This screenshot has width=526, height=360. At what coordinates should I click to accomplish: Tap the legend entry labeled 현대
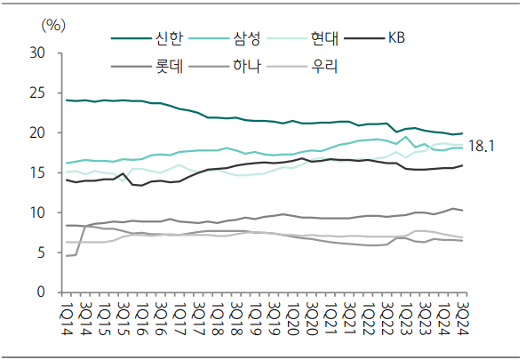(323, 38)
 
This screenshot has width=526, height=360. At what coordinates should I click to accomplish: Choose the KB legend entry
(396, 38)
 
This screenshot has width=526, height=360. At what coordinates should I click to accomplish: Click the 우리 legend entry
(323, 66)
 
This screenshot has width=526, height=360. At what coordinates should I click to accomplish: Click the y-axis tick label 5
(41, 253)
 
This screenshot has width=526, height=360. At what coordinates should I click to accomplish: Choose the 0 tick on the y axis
(41, 292)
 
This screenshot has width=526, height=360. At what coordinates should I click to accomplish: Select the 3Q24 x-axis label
(462, 316)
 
